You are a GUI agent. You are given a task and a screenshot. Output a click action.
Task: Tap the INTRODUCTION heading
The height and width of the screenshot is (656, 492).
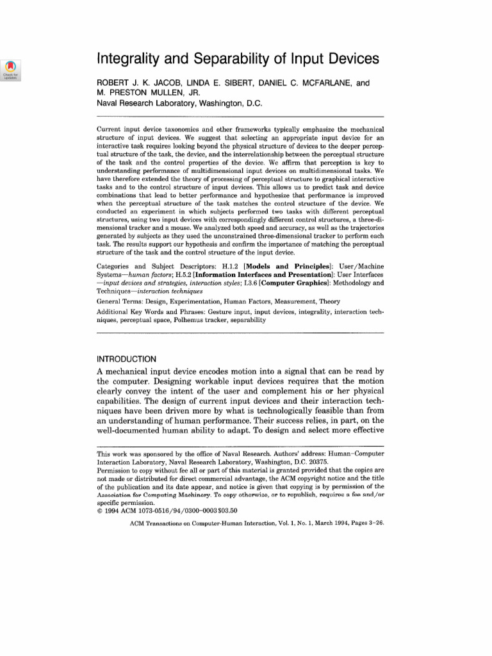coord(126,358)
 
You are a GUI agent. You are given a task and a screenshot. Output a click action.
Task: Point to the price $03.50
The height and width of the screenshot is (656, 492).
coord(225,511)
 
